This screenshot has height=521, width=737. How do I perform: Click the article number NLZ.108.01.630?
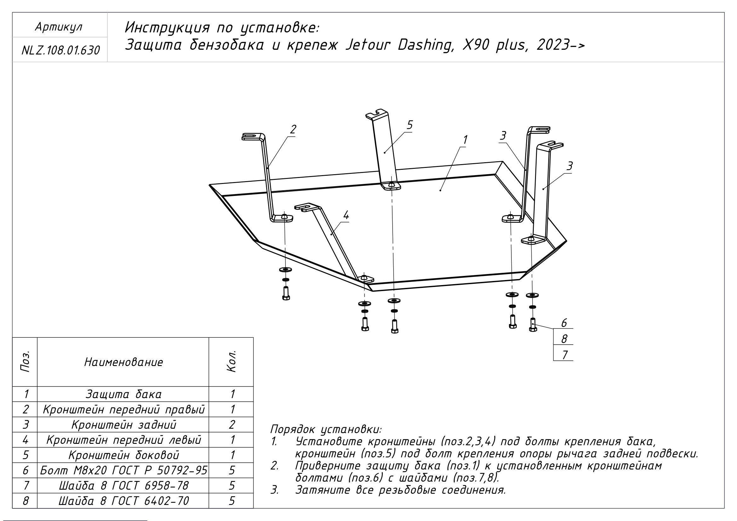pos(60,50)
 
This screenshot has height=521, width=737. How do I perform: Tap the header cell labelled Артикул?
pos(59,27)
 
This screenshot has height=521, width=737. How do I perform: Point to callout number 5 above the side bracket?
pos(410,125)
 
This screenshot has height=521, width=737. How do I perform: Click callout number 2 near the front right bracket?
pos(293,130)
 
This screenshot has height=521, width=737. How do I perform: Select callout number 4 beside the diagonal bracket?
pos(346,215)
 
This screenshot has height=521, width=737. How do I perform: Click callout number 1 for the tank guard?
pos(465,140)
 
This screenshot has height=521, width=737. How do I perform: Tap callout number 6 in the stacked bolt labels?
pos(564,323)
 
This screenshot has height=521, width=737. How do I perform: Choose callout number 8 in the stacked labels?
pos(564,339)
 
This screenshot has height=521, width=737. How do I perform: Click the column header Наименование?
pos(124,363)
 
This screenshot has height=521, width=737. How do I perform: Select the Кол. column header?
pos(232,362)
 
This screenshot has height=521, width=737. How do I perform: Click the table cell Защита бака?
pos(124,394)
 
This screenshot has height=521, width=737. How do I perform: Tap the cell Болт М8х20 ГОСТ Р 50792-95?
pos(124,470)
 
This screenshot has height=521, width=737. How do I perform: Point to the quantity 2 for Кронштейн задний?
pos(232,425)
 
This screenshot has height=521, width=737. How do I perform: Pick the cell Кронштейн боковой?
pos(124,455)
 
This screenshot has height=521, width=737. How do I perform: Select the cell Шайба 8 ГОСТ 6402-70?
pos(124,501)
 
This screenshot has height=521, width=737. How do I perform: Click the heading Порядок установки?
pos(326,429)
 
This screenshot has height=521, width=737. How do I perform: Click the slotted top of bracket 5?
pos(377,114)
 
